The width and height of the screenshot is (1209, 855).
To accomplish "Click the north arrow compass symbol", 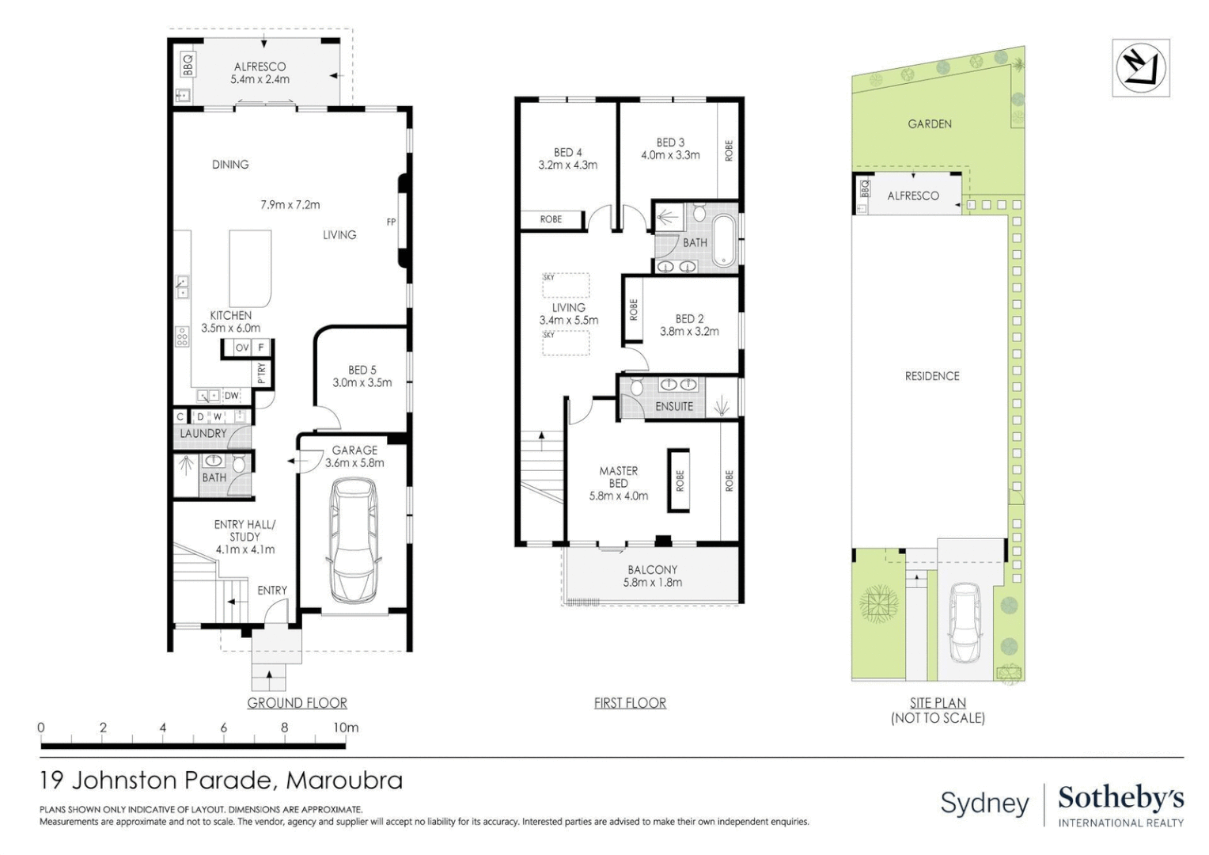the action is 1141,69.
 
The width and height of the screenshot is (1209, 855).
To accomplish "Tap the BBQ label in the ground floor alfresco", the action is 188,65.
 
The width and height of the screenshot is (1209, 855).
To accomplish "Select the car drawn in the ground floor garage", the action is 354,541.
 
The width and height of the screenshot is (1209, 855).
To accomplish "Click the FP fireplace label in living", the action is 392,222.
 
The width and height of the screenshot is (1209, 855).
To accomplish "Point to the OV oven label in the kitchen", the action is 242,348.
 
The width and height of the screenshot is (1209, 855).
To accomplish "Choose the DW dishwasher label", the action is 232,395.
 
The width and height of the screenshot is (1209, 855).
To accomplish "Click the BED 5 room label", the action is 362,370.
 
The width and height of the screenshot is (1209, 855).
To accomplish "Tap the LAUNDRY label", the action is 203,433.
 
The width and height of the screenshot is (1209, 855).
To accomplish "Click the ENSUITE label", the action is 674,406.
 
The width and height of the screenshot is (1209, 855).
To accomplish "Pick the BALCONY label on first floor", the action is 653,569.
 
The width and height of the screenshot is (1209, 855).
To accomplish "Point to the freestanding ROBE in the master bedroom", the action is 678,481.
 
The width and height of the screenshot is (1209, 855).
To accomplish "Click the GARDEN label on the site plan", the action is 930,123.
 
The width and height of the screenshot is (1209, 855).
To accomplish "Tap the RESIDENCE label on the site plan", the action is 932,376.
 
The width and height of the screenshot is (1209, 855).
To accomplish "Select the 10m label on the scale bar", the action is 346,728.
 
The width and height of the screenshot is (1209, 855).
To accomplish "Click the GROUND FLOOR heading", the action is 298,703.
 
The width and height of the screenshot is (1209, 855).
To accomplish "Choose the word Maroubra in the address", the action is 344,781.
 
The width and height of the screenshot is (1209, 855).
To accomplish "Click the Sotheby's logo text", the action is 1121,798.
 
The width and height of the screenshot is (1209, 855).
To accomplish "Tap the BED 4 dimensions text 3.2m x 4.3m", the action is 568,165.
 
